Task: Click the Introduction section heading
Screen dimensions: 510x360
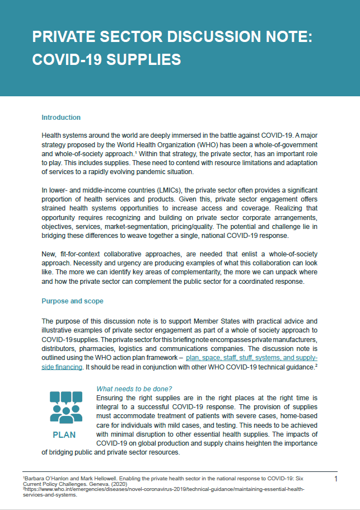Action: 61,118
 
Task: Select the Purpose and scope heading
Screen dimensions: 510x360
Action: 72,301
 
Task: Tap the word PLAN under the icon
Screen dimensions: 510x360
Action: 64,434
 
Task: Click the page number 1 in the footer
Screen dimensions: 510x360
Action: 335,479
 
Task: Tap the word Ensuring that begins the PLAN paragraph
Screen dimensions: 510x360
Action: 110,397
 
